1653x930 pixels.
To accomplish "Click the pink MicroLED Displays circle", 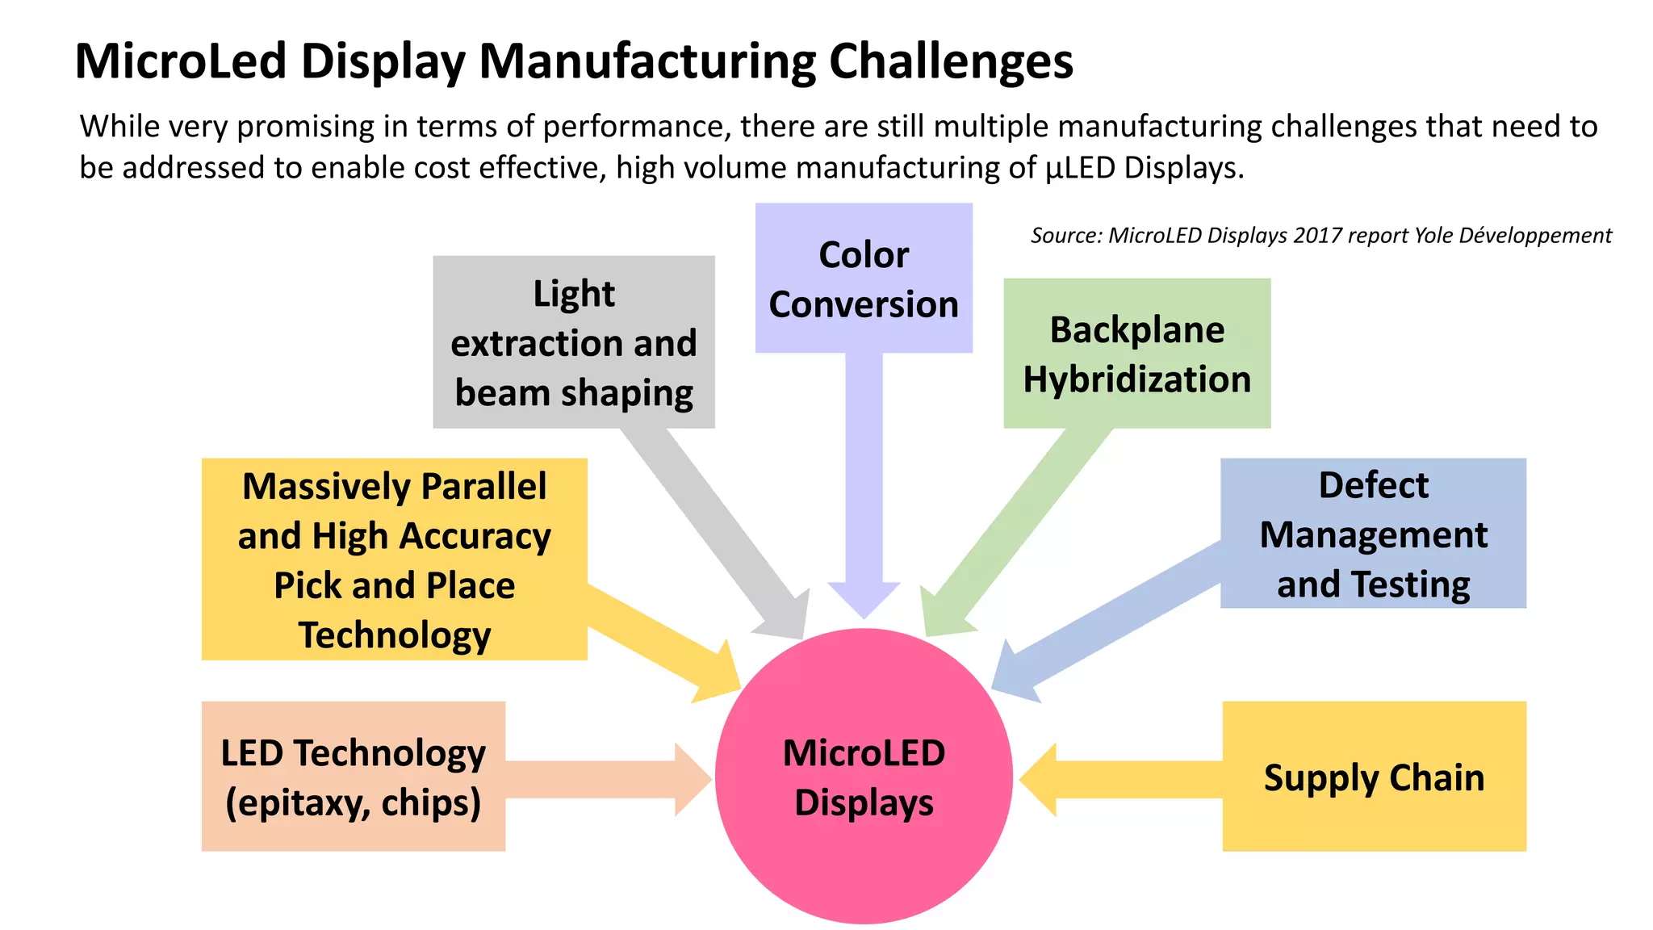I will [864, 777].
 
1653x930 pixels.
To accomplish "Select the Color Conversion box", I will [864, 279].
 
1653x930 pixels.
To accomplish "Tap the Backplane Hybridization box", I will [1136, 354].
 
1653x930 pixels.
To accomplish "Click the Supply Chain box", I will [1374, 777].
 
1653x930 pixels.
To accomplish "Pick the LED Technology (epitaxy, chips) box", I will [354, 777].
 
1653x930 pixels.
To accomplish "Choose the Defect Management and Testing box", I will [1373, 534].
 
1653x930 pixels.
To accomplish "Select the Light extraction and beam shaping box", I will [574, 342].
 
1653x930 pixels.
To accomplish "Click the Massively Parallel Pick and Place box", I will [394, 559].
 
